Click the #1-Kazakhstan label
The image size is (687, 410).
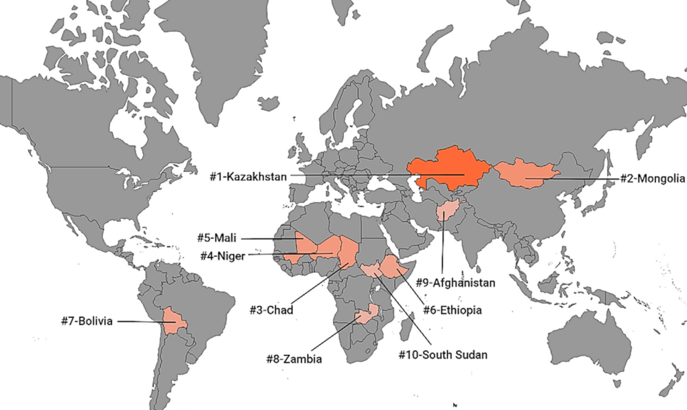pos(248,176)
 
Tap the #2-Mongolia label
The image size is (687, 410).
pos(651,178)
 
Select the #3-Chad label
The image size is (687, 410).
pos(271,310)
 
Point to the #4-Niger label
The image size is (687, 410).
pos(222,255)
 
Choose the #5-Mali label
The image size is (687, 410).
pos(218,238)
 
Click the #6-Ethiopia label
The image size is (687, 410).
pos(453,310)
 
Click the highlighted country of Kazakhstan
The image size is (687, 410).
pos(447,168)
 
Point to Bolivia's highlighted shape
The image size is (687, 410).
pos(176,321)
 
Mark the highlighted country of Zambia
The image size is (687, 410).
pos(366,315)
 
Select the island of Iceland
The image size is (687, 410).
pos(268,104)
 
